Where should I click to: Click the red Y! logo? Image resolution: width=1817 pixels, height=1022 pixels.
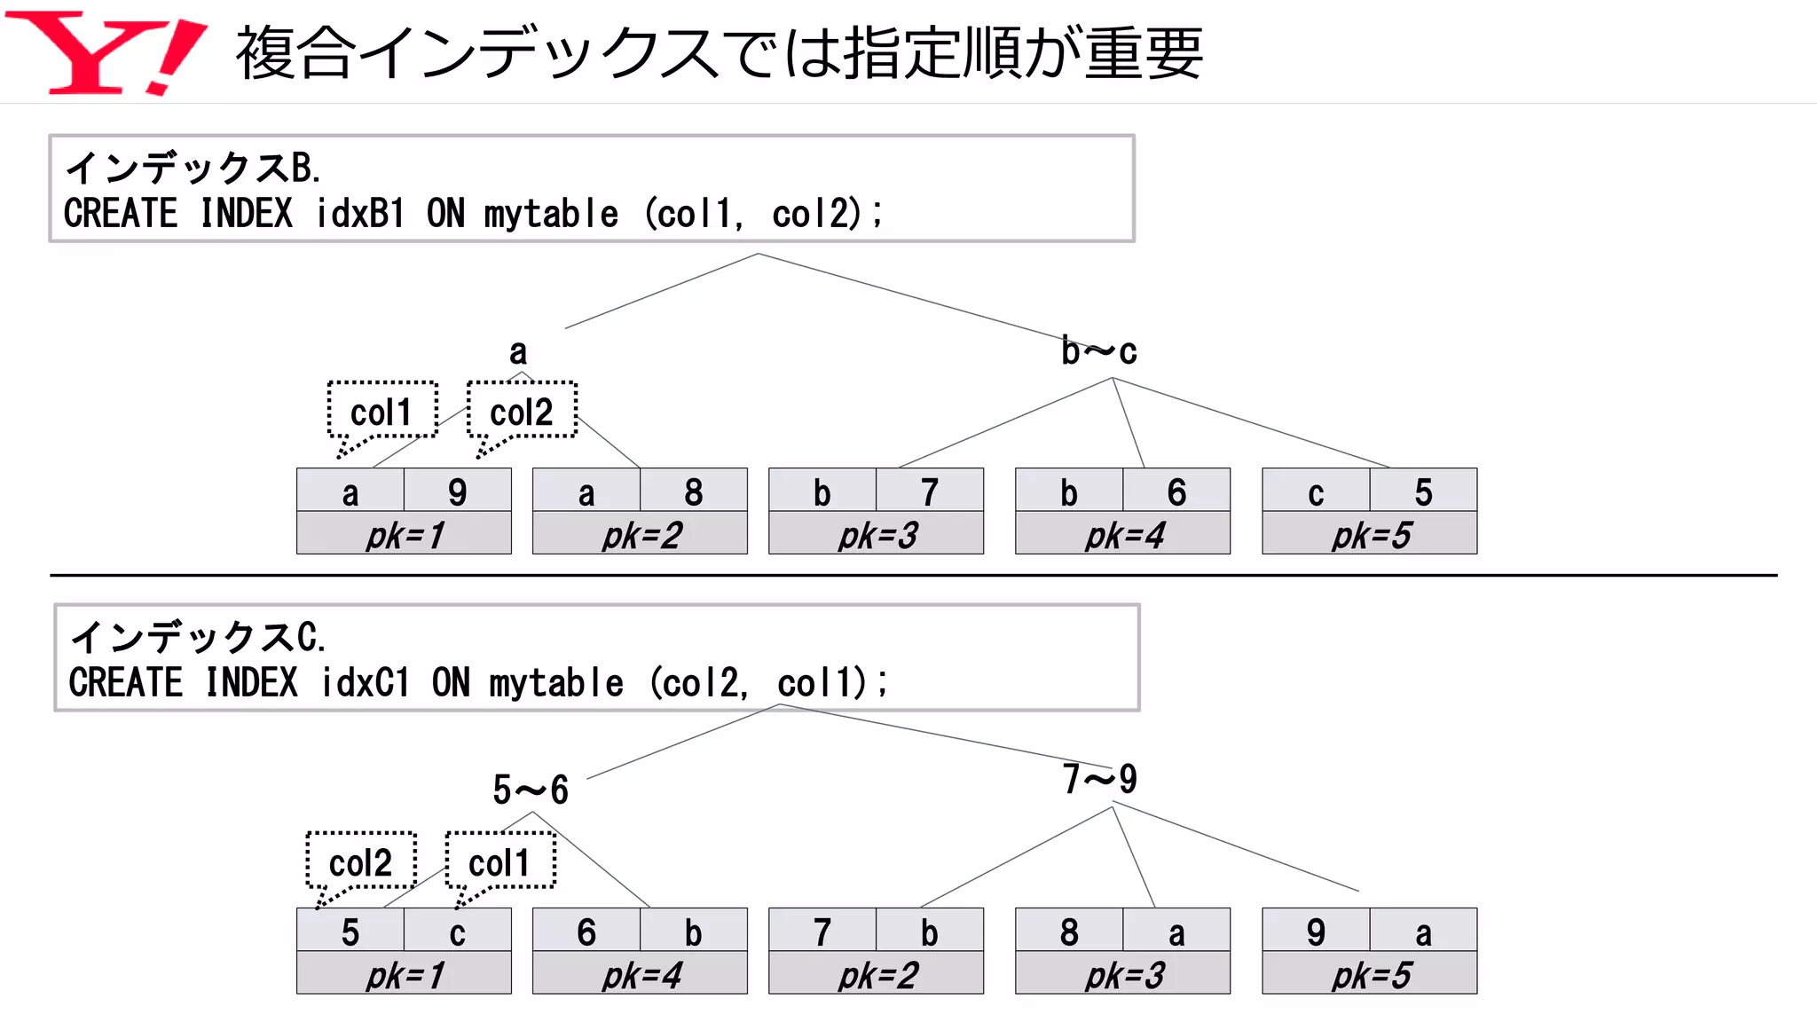pos(105,53)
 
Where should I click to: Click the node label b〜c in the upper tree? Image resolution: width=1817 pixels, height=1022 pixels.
pos(1098,352)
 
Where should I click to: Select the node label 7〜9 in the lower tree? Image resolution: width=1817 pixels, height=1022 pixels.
pos(1100,780)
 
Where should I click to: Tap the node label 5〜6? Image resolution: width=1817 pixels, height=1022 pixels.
pos(531,790)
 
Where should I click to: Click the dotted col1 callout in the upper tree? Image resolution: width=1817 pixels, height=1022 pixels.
pos(382,411)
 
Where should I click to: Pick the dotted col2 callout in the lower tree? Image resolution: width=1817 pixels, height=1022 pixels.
pos(361,861)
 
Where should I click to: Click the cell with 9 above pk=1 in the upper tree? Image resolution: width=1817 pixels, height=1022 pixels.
pos(457,491)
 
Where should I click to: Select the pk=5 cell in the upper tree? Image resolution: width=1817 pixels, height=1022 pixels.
pos(1369,534)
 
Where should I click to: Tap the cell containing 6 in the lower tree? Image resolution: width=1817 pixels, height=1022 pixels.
pos(586,931)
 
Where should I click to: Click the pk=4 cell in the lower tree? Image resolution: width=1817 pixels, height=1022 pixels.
pos(640,974)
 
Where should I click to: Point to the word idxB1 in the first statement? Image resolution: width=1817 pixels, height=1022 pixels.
pos(360,214)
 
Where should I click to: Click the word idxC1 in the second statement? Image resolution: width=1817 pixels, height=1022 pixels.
pos(366,683)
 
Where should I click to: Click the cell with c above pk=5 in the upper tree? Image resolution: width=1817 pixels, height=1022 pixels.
pos(1316,491)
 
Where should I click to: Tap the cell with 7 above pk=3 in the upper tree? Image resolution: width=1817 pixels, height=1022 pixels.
pos(929,491)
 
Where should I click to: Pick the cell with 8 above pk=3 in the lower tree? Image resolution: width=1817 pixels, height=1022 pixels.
pos(1069,931)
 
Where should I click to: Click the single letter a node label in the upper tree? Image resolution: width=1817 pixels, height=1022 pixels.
pos(518,352)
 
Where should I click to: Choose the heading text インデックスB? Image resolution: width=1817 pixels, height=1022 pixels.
pos(193,167)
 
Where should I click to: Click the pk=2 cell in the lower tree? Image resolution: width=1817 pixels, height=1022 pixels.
pos(876,974)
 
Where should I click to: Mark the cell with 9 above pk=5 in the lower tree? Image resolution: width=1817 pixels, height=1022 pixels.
pos(1316,931)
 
